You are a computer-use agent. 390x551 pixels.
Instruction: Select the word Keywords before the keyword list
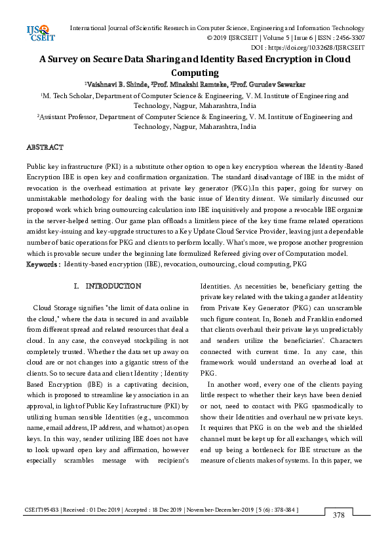[43, 264]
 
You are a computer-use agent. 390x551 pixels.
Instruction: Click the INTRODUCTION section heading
[113, 287]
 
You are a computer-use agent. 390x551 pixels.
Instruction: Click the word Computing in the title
[194, 73]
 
